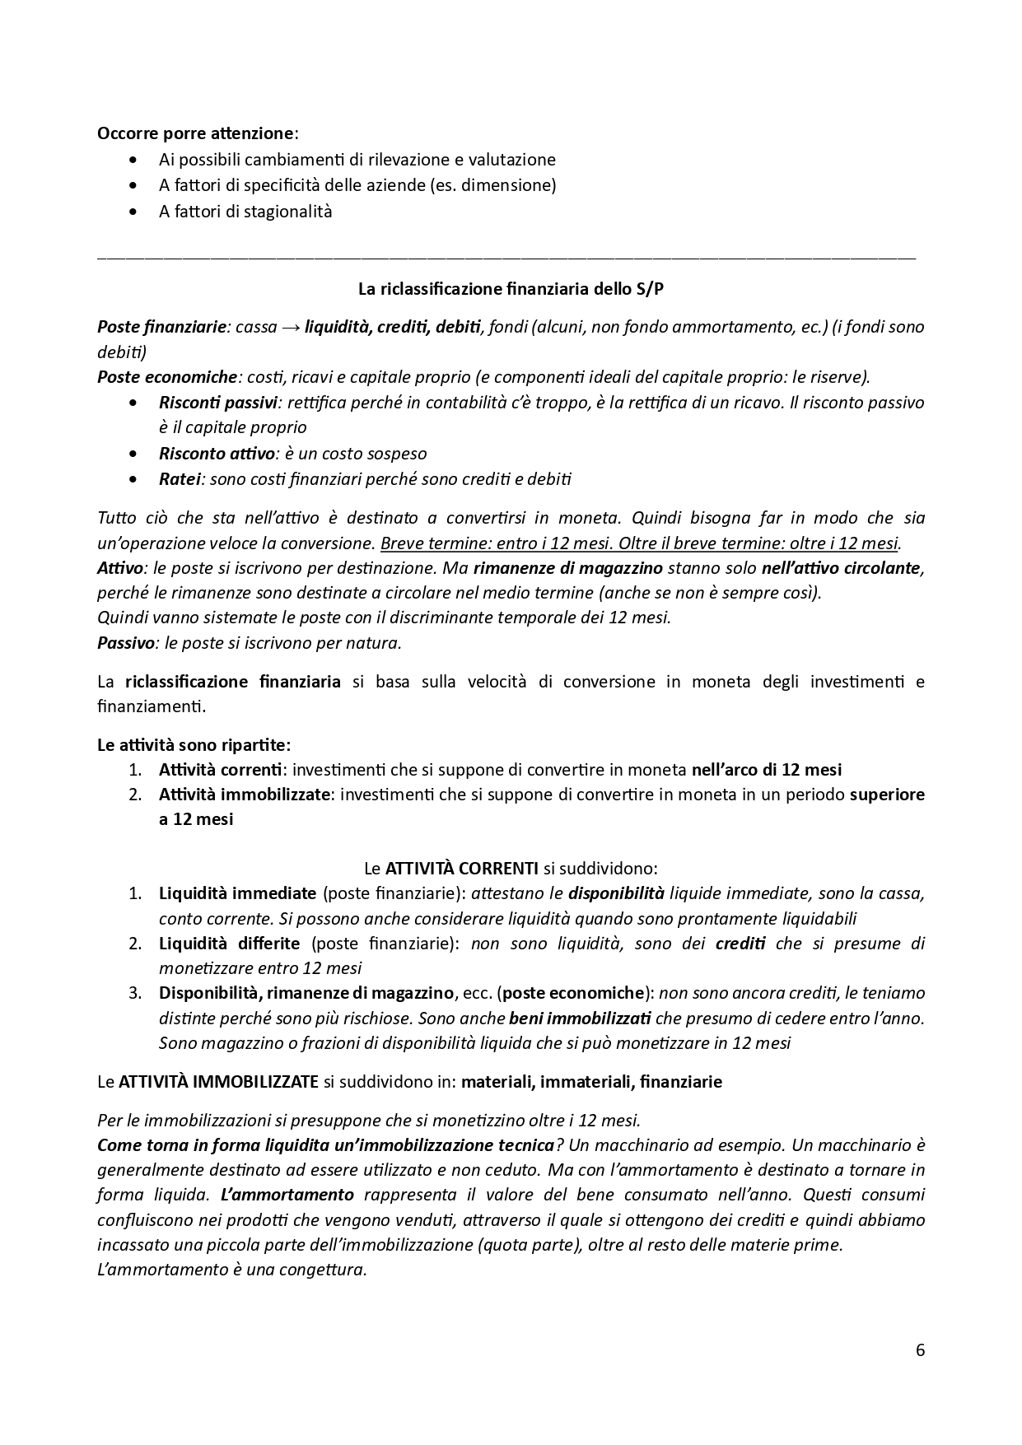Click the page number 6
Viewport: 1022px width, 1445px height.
920,1350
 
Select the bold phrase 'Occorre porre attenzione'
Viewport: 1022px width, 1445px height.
195,133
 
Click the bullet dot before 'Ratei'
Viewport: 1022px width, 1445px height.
134,479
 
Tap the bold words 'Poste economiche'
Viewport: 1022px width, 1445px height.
167,377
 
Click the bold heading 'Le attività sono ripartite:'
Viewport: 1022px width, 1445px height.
194,745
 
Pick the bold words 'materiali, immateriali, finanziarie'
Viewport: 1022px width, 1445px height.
591,1082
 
